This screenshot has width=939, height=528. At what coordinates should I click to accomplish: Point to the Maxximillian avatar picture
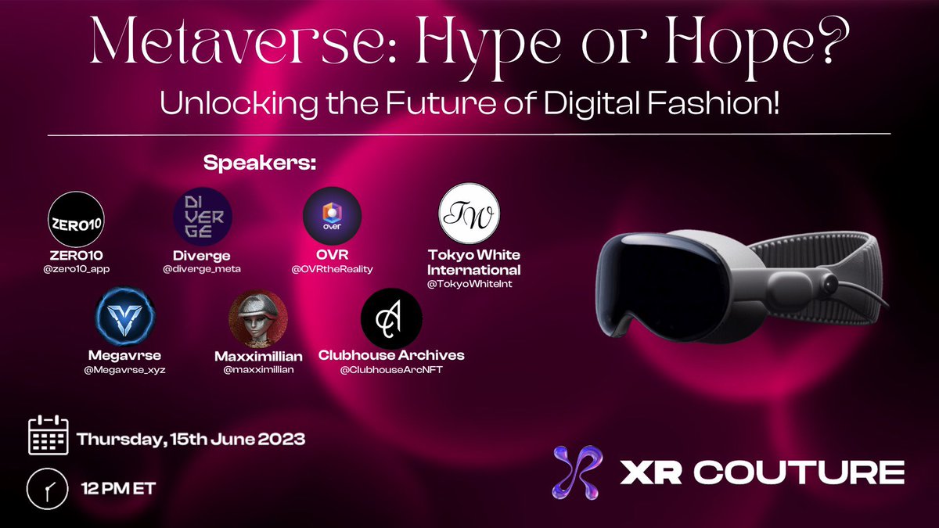point(257,319)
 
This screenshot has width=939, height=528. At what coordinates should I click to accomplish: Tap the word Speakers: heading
point(260,165)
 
